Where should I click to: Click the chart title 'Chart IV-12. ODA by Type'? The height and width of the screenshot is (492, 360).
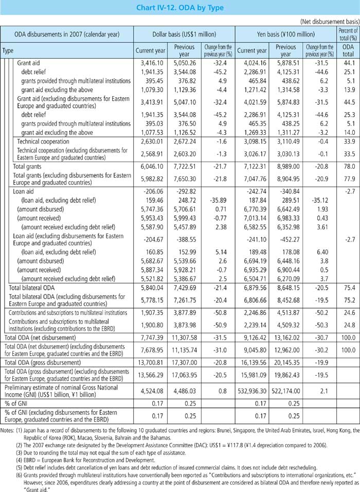point(180,8)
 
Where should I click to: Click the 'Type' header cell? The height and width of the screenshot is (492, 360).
point(8,51)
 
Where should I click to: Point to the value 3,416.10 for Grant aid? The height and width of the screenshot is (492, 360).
point(150,62)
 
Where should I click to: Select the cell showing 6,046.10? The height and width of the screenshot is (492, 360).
point(150,167)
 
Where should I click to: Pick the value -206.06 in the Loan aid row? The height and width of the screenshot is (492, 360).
point(150,190)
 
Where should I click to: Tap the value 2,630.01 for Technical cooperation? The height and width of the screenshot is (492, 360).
point(150,141)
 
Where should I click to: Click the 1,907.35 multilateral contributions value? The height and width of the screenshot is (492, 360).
point(150,313)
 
